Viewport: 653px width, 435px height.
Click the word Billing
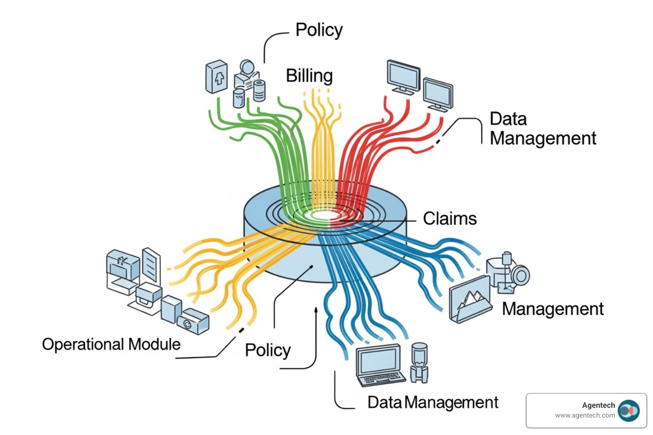pos(309,76)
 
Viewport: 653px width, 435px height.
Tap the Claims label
pos(450,219)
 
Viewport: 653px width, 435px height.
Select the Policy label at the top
pos(319,31)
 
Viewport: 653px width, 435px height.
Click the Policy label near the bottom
pos(268,350)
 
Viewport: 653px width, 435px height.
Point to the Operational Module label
pos(111,344)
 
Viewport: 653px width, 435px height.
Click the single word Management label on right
pos(553,309)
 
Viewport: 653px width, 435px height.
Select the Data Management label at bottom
pos(433,402)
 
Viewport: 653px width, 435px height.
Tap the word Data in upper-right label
pos(508,119)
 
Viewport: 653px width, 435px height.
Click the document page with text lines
pos(151,265)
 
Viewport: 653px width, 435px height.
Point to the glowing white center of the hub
pos(325,215)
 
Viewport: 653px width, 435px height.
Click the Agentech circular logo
pos(628,411)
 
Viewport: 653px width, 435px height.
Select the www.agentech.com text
pos(585,415)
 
